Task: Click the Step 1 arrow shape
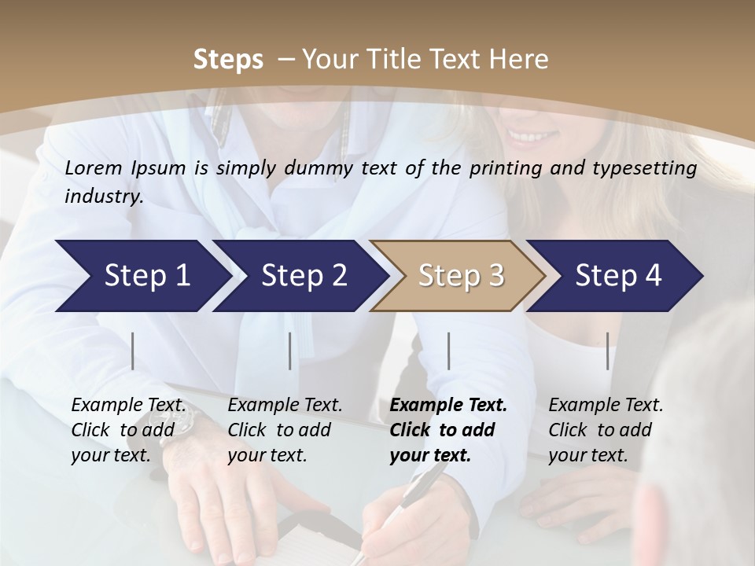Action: (x=142, y=276)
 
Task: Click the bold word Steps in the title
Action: (x=228, y=60)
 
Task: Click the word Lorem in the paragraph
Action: (x=93, y=168)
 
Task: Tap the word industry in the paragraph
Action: (x=103, y=197)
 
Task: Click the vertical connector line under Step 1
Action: (x=133, y=351)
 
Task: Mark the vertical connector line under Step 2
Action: (x=290, y=351)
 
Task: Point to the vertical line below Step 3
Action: (x=449, y=351)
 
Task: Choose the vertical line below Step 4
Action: (x=608, y=351)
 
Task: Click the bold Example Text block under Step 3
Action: (x=448, y=430)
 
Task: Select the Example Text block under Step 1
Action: (x=128, y=430)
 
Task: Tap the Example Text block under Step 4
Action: (x=606, y=430)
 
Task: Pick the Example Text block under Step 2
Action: (x=285, y=430)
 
